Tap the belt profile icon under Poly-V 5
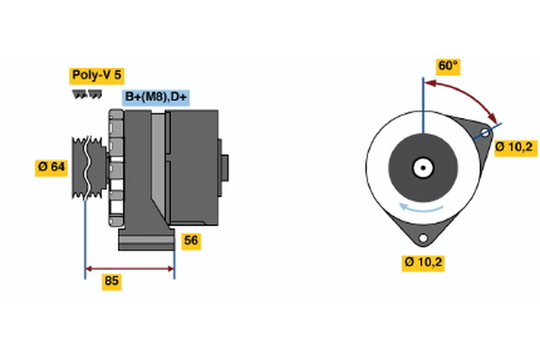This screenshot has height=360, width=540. (83, 94)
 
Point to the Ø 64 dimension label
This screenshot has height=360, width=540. (52, 166)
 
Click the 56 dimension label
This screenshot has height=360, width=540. (191, 240)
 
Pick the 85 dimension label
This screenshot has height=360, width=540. (112, 282)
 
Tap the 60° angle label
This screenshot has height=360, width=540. (447, 66)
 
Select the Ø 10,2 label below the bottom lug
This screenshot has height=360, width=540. (424, 263)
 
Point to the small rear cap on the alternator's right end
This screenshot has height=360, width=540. (224, 167)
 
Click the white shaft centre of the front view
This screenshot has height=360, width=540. (421, 167)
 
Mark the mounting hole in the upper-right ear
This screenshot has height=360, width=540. (484, 135)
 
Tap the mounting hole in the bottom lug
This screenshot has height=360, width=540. (421, 238)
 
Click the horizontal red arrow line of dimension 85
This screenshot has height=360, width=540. (130, 267)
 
